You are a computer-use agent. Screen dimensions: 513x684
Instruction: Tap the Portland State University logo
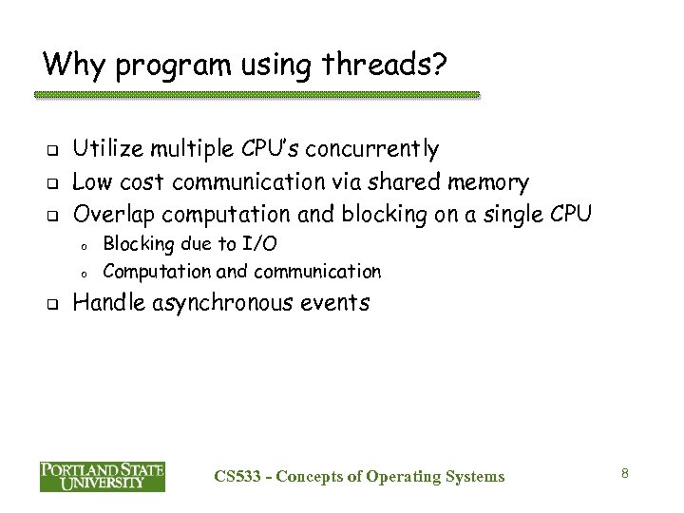point(103,475)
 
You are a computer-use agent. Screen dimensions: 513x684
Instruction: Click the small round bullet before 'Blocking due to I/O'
point(85,246)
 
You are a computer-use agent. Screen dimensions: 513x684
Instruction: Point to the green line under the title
point(256,95)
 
